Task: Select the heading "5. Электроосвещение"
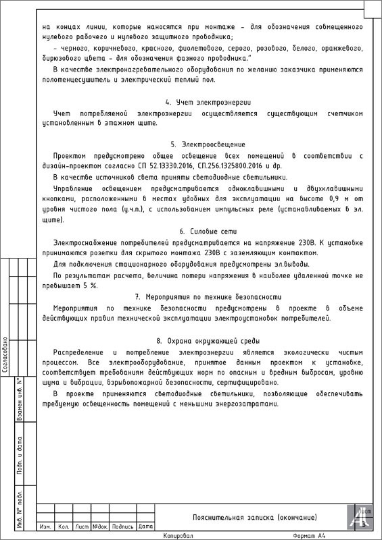click(208, 144)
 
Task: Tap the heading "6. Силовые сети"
click(208, 231)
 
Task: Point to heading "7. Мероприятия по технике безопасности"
click(208, 296)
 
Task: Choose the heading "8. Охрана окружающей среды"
click(208, 340)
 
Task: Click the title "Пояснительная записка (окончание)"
click(254, 517)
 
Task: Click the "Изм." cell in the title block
click(46, 526)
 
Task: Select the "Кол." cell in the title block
click(64, 526)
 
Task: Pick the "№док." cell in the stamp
click(100, 526)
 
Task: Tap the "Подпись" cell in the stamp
click(122, 526)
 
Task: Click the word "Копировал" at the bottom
click(178, 535)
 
